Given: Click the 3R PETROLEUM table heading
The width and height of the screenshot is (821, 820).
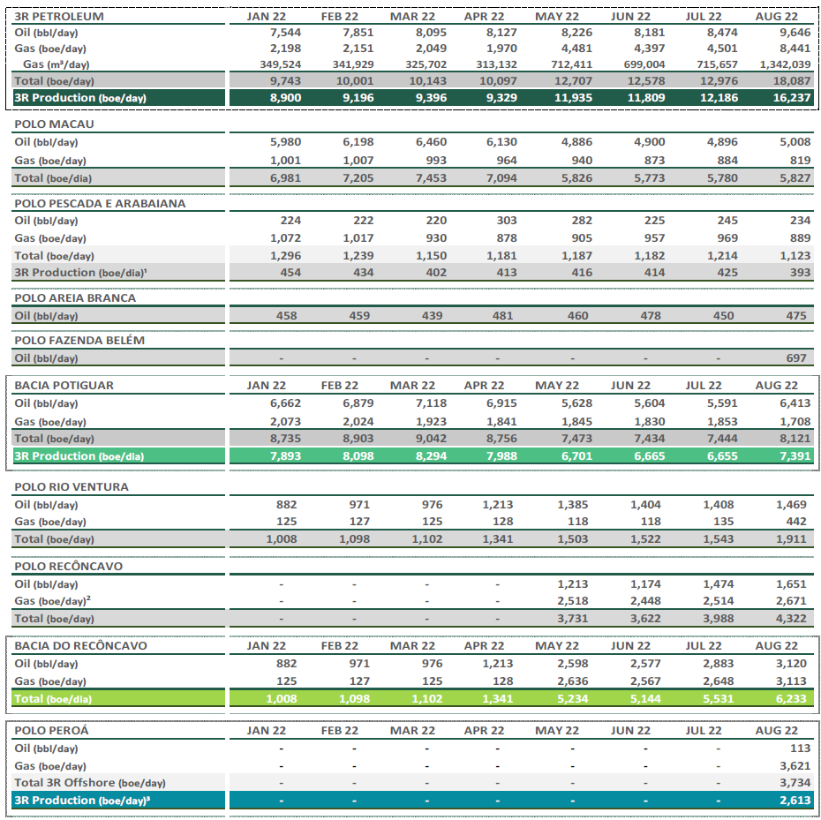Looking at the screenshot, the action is click(x=59, y=16).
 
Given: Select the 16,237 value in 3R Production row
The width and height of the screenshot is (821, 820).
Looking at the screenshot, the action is click(x=791, y=98).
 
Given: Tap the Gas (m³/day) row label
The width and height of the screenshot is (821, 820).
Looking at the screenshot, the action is click(x=56, y=64).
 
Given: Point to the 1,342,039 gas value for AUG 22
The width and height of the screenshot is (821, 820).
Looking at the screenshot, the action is click(x=785, y=65).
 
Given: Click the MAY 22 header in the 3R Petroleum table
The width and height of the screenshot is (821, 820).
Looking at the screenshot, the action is click(x=556, y=16).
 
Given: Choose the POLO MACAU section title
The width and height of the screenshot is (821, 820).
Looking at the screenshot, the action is click(x=55, y=124).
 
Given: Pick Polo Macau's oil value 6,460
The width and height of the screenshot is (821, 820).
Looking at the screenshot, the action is click(x=431, y=142).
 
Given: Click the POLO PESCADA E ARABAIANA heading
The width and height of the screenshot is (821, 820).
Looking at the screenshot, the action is click(x=100, y=203).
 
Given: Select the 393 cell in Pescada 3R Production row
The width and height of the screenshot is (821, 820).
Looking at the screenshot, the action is click(x=800, y=272).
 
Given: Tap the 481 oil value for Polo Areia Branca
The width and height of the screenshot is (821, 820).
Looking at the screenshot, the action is click(x=502, y=316).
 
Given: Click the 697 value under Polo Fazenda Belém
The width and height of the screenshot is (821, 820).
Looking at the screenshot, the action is click(x=796, y=358).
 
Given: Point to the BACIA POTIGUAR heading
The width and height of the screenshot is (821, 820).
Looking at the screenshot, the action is click(x=64, y=386).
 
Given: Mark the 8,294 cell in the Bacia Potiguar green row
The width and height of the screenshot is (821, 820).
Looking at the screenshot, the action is click(x=431, y=456).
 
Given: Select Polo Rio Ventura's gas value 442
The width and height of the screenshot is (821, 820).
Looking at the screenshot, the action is click(x=796, y=522).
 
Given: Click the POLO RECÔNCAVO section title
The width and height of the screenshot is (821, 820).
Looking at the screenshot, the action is click(x=69, y=566).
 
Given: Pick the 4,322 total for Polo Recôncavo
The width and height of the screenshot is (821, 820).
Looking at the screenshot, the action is click(x=791, y=619).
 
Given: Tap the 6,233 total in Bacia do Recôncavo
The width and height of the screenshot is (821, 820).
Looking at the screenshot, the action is click(x=791, y=698).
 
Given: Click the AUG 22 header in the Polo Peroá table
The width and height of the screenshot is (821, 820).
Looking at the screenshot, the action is click(x=777, y=731).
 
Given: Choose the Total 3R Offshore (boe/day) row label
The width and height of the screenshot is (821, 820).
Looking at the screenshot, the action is click(x=90, y=783).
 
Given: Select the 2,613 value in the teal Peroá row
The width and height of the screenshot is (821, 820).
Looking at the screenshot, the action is click(x=795, y=801).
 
